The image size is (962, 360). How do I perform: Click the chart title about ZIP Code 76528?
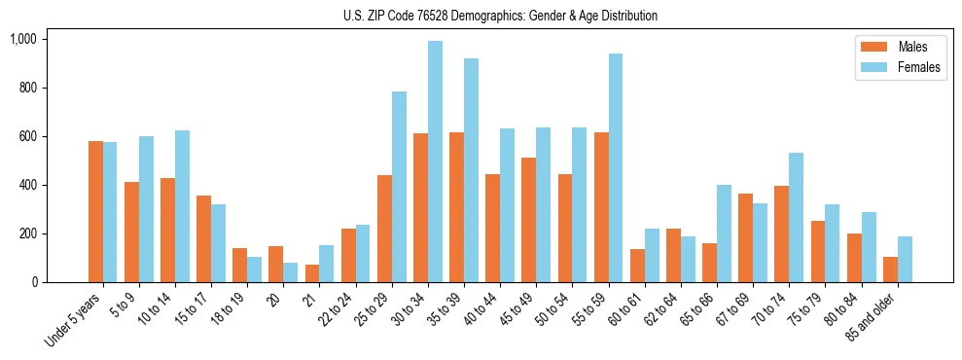pyautogui.click(x=500, y=16)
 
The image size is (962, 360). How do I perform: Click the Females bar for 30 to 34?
pyautogui.click(x=435, y=162)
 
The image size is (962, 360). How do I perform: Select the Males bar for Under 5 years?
pyautogui.click(x=95, y=212)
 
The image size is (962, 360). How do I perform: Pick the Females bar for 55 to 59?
pyautogui.click(x=616, y=168)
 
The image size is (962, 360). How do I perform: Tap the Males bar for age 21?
pyautogui.click(x=312, y=273)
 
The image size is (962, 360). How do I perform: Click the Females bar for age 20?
pyautogui.click(x=291, y=272)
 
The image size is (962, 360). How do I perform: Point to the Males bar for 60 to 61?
pyautogui.click(x=637, y=266)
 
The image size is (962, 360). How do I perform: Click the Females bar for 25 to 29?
pyautogui.click(x=399, y=187)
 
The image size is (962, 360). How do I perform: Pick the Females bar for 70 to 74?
pyautogui.click(x=796, y=218)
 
